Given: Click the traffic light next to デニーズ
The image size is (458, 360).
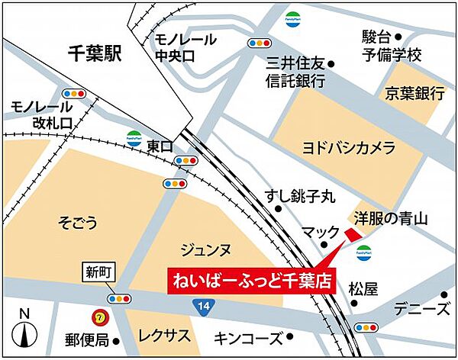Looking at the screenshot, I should [367, 327].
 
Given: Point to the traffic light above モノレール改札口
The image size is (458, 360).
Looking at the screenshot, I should [74, 94].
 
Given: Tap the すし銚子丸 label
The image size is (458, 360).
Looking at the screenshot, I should [300, 196].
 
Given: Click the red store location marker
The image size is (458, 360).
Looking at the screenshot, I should [351, 234].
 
